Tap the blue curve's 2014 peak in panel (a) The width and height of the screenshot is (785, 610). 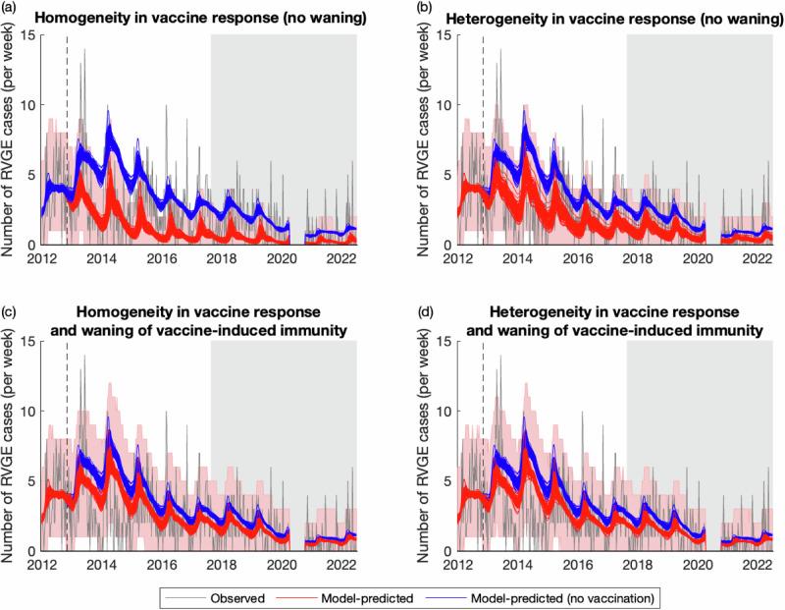coord(109,111)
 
